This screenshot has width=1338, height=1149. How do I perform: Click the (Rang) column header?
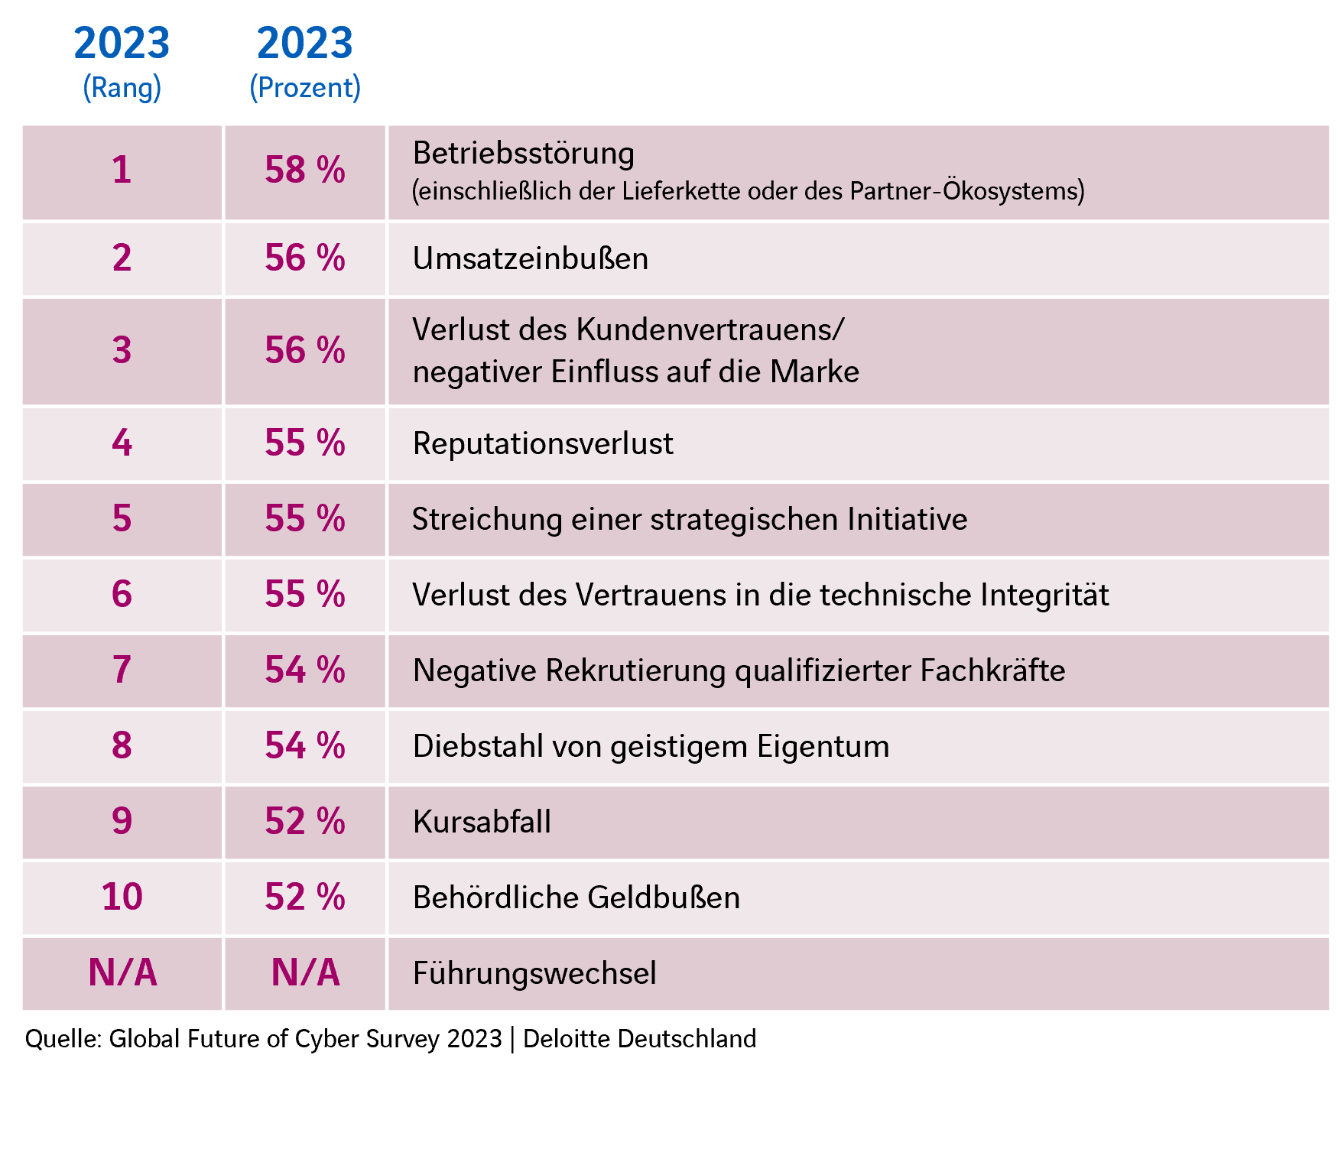click(122, 87)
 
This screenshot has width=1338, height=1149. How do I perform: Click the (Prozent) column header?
click(305, 87)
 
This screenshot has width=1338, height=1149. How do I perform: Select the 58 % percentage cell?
click(305, 170)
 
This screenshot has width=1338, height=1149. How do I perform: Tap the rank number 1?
click(122, 170)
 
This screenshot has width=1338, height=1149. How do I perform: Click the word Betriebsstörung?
click(524, 154)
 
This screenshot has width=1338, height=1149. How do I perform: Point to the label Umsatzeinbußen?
click(531, 258)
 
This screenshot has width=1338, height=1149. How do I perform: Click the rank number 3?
click(122, 350)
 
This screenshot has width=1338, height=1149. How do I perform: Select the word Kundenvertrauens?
click(710, 329)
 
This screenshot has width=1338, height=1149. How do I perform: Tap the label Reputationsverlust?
click(543, 443)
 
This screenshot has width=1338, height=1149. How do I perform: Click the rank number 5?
click(122, 518)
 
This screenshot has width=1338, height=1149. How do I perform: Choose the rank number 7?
click(122, 670)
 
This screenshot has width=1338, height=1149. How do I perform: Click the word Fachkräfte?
click(992, 670)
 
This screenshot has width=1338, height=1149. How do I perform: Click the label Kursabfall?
click(482, 822)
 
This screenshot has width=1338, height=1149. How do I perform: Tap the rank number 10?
click(122, 897)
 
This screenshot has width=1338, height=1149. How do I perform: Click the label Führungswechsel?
click(534, 973)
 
